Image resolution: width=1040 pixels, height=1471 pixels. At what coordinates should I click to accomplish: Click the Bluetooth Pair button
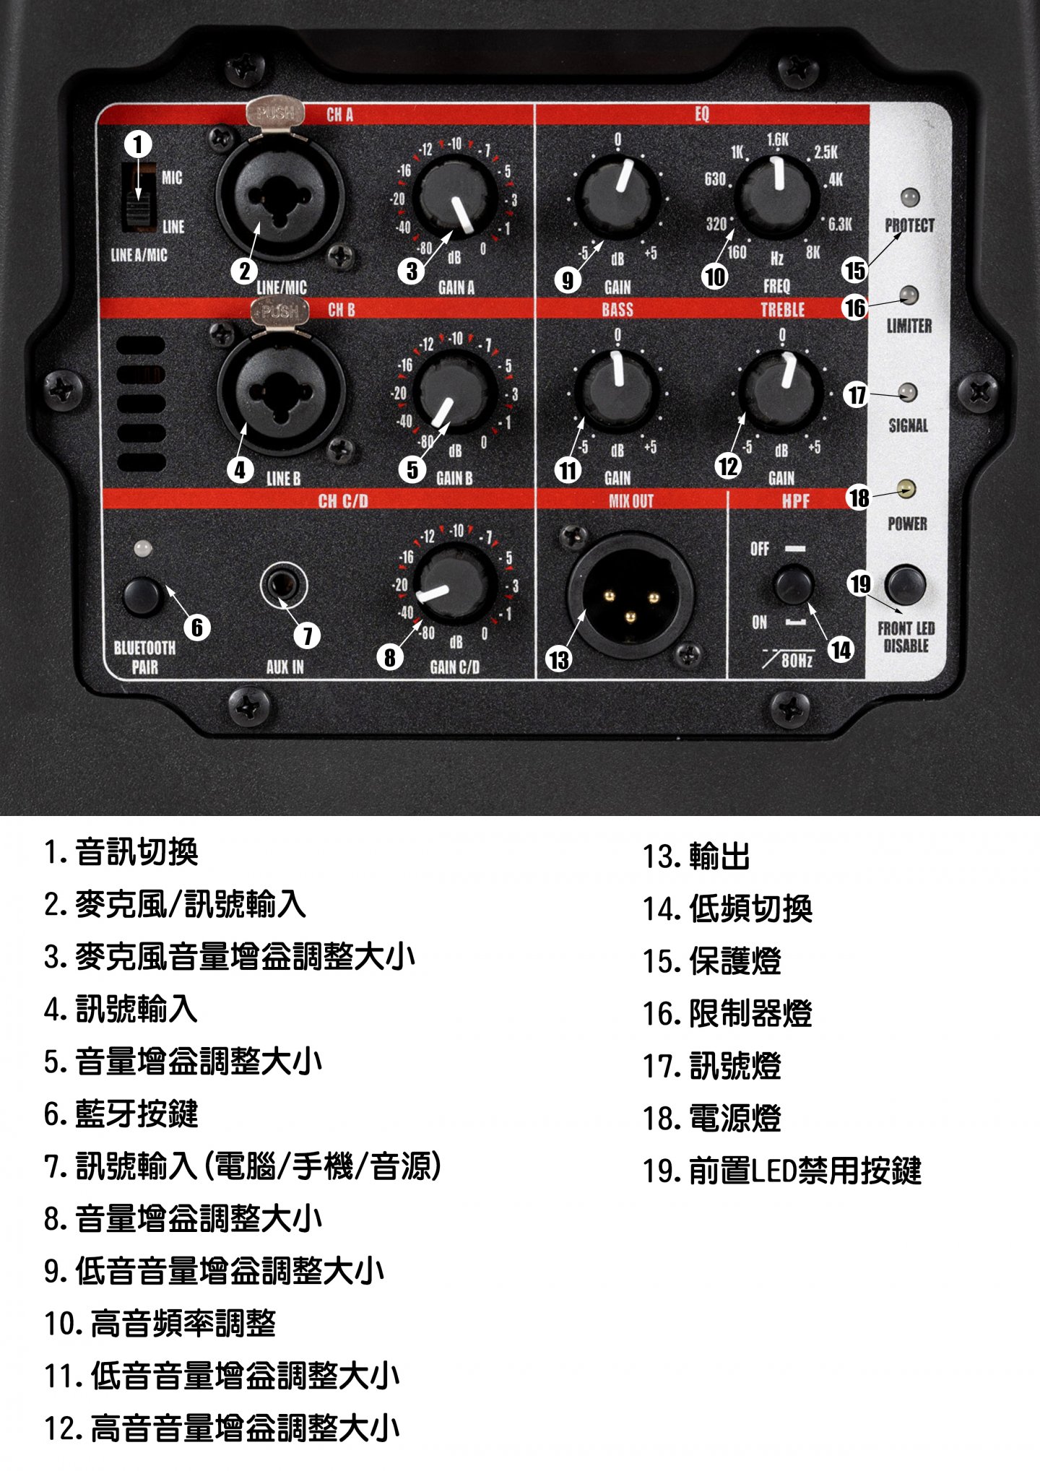pos(142,595)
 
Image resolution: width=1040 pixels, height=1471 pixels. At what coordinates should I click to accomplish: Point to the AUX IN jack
pos(284,585)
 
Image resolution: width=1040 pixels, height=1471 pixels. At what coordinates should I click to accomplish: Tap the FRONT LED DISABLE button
pos(905,585)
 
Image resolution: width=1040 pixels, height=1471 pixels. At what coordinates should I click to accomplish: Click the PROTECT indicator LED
pos(909,197)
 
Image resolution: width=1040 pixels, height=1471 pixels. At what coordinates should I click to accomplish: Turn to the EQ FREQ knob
pos(778,195)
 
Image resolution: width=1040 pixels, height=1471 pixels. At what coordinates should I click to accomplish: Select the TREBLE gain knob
pos(782,391)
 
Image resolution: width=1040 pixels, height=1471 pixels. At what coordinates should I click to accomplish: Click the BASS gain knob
pos(617,390)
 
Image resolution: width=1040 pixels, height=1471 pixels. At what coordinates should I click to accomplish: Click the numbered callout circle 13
pos(559,659)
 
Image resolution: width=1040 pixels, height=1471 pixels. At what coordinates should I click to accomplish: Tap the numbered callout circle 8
pos(390,657)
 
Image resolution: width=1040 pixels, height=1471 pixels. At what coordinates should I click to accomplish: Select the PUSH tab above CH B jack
pos(279,311)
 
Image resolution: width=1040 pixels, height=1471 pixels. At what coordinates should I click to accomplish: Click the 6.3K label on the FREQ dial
pos(840,225)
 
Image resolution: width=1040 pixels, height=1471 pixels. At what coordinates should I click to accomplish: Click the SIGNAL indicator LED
pos(907,393)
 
